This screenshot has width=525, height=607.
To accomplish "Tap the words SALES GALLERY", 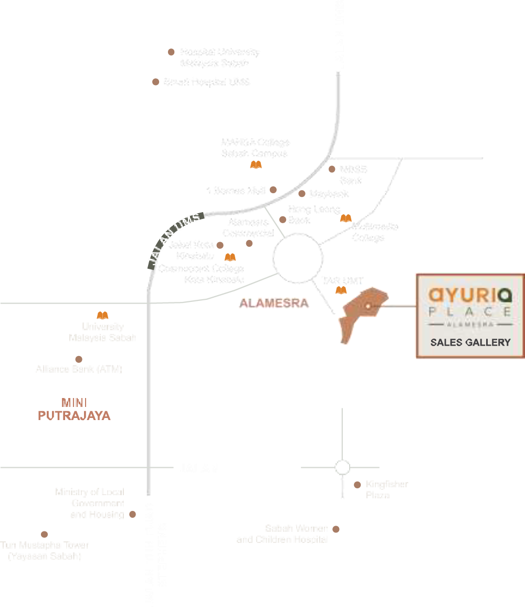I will click(x=470, y=342).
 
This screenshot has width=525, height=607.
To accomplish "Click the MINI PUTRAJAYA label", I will click(x=74, y=410).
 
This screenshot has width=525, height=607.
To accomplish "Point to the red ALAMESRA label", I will click(x=274, y=303).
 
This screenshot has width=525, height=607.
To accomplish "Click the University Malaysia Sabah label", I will click(x=102, y=332).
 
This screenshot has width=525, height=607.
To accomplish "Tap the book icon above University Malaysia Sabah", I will click(x=103, y=316).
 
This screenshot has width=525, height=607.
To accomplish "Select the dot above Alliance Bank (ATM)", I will click(x=79, y=359).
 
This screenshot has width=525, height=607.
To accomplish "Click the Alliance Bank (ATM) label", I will click(x=79, y=369).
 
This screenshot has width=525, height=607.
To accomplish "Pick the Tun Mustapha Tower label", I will click(x=45, y=550).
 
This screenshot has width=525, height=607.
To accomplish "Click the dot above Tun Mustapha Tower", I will click(x=44, y=534).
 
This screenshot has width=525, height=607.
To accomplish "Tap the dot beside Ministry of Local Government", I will click(x=132, y=515).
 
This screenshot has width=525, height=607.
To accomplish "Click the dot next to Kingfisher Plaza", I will click(x=357, y=485).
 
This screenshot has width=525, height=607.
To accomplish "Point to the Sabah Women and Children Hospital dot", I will click(x=336, y=529).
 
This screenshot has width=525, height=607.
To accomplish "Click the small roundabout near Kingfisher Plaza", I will click(x=342, y=467).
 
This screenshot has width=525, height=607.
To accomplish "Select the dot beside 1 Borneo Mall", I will click(x=273, y=190).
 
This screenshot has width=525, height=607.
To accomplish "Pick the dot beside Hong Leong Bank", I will click(x=282, y=219).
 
